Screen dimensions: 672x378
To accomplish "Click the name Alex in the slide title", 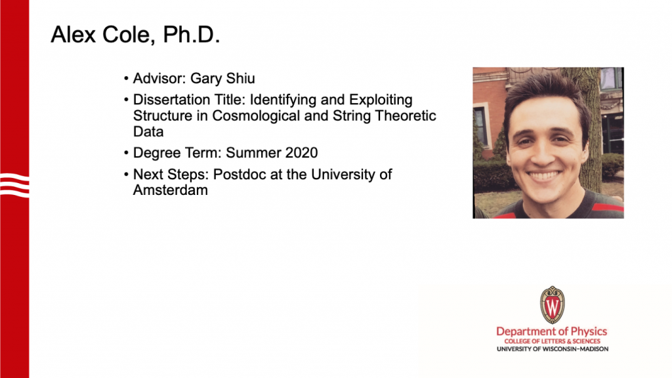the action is (x=73, y=34).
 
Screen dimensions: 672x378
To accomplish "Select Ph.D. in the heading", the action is (x=192, y=34).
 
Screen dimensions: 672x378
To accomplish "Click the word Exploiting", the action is (x=381, y=100).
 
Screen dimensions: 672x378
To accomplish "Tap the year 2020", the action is (x=302, y=152).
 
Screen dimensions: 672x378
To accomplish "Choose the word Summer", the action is (x=254, y=152).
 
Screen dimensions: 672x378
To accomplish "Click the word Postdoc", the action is (x=240, y=175).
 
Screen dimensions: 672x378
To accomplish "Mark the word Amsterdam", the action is (x=171, y=190).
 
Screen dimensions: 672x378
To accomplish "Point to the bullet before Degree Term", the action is (x=126, y=153).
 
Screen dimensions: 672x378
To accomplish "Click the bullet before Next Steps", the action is (x=126, y=175).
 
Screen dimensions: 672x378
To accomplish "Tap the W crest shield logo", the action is (x=553, y=304).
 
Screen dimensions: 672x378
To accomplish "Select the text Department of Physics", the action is (x=551, y=331).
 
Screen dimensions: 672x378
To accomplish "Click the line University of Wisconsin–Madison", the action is (x=553, y=349).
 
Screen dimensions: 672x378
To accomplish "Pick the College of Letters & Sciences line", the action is (x=553, y=341).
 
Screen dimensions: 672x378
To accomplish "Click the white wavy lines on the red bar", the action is (x=14, y=185).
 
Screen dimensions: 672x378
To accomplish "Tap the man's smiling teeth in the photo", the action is (x=543, y=176).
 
